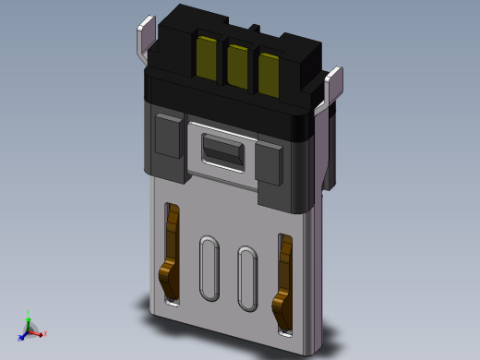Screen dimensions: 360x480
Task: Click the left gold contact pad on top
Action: click(207, 57)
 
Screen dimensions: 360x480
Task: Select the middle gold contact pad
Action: click(238, 67)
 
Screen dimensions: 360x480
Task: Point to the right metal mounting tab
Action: click(335, 83)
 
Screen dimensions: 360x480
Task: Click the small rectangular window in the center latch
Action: click(222, 150)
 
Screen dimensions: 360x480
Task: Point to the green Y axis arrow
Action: click(30, 317)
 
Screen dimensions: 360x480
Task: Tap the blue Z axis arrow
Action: click(23, 334)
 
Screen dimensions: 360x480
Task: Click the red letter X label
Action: click(45, 333)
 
